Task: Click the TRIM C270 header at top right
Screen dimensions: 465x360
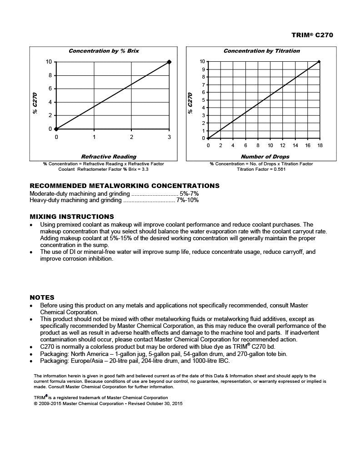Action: (312, 35)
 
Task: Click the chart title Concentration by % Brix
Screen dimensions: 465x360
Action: (104, 51)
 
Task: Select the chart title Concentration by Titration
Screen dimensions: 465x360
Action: (261, 51)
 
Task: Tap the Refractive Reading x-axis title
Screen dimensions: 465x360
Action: (109, 157)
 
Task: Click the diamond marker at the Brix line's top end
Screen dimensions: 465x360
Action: (169, 62)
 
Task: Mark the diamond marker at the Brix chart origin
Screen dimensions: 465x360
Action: (56, 129)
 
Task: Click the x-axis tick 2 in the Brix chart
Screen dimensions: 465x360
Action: (131, 137)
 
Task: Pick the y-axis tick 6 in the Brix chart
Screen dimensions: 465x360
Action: (50, 89)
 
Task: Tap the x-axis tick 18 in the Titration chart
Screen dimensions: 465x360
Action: (320, 145)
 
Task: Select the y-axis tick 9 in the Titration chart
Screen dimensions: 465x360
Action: (203, 69)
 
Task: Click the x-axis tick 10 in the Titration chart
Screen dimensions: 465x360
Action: (270, 145)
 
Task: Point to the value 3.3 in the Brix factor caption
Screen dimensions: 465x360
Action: (145, 169)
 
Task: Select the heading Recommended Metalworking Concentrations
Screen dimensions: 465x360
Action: (125, 186)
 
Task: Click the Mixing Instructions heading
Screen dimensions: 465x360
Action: (72, 217)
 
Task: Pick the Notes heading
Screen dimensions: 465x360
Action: (42, 297)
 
